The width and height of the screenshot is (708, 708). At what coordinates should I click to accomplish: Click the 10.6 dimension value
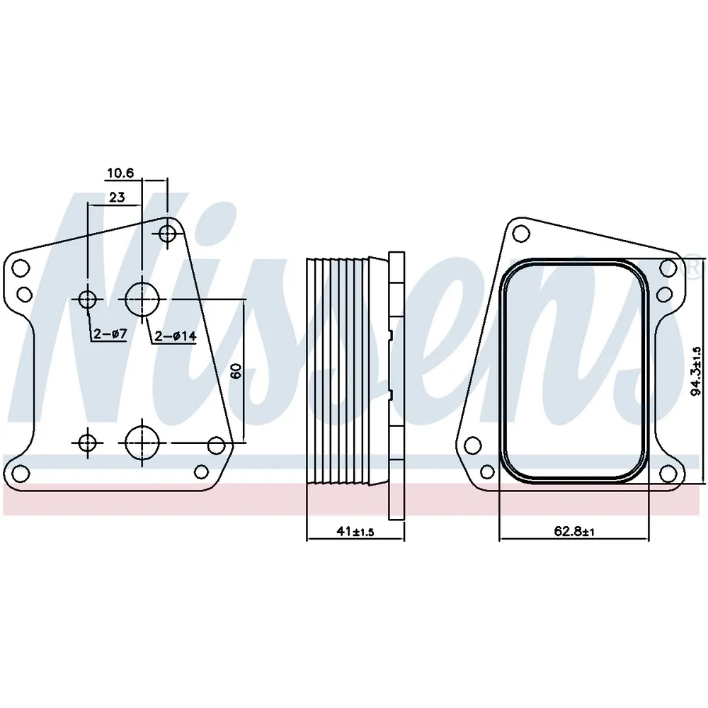tap(120, 173)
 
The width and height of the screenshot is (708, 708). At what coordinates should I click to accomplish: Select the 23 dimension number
tap(117, 198)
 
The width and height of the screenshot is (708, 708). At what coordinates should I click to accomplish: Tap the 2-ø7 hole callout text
tap(110, 333)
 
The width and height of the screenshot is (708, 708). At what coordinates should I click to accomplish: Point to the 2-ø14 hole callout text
tap(176, 336)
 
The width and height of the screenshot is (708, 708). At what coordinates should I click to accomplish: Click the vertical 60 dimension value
tap(236, 371)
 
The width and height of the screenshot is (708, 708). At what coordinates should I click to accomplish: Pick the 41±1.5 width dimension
tap(355, 532)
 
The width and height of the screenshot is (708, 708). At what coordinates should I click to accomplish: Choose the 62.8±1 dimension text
tap(574, 532)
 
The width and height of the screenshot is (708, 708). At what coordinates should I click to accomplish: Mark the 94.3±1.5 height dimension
tap(696, 371)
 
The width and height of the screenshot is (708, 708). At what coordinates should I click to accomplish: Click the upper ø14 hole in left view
tap(143, 299)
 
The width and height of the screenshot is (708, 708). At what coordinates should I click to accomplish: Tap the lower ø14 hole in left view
tap(143, 442)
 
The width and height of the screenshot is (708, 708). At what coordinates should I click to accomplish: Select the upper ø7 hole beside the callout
tap(88, 299)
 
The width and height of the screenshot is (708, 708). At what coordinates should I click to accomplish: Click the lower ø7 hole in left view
tap(88, 443)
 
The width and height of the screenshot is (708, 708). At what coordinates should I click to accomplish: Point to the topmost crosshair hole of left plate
tap(168, 234)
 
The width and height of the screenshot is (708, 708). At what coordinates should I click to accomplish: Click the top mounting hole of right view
tap(522, 234)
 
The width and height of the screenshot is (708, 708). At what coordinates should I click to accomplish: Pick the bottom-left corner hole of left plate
tap(21, 473)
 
